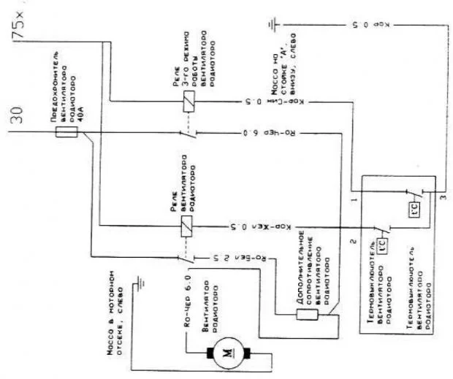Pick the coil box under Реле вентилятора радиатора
tap(188, 226)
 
